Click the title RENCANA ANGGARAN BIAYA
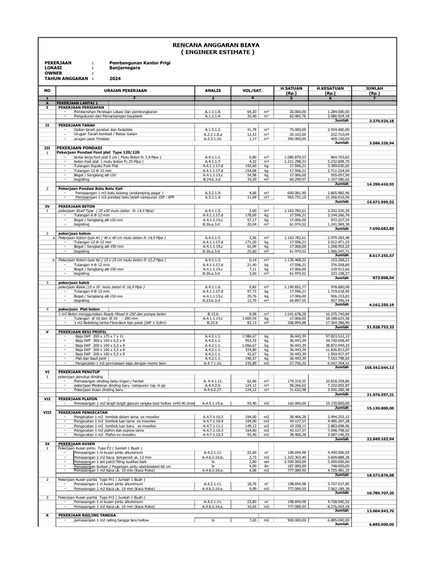(218, 45)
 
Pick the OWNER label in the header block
(54, 73)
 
